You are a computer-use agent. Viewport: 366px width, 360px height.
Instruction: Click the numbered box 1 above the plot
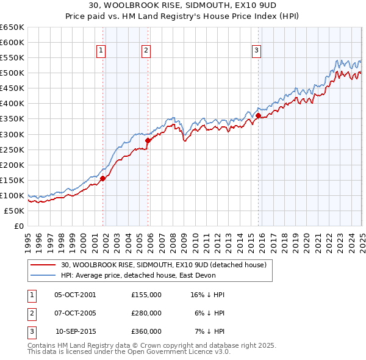[x=101, y=51]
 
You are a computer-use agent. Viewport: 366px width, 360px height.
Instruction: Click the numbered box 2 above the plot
[x=146, y=51]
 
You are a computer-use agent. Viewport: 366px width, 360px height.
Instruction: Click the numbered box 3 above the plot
[x=257, y=51]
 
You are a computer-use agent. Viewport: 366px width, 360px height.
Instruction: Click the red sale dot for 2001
[x=103, y=178]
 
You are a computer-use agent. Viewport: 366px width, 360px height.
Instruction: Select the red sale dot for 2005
[x=148, y=140]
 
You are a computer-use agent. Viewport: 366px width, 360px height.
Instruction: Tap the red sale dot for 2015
[x=258, y=115]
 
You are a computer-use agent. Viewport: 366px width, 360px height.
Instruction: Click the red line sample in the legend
[x=43, y=265]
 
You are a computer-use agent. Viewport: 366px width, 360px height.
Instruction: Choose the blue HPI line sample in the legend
[x=43, y=275]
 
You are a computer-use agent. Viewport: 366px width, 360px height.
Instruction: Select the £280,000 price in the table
[x=146, y=313]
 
